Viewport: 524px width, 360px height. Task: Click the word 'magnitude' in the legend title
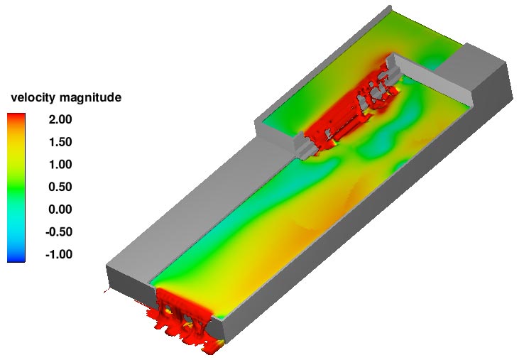coord(91,98)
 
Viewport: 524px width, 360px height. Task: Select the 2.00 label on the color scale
coord(60,119)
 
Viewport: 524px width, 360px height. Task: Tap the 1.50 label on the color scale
coord(60,142)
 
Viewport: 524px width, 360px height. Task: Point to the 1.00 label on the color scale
coord(60,165)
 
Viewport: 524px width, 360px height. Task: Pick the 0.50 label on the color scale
coord(60,187)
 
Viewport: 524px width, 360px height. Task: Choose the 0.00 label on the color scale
coord(60,209)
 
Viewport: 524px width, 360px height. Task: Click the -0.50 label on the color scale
coord(59,232)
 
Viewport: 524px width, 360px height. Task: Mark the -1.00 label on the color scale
coord(59,254)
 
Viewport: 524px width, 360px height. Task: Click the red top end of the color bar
coord(16,116)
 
